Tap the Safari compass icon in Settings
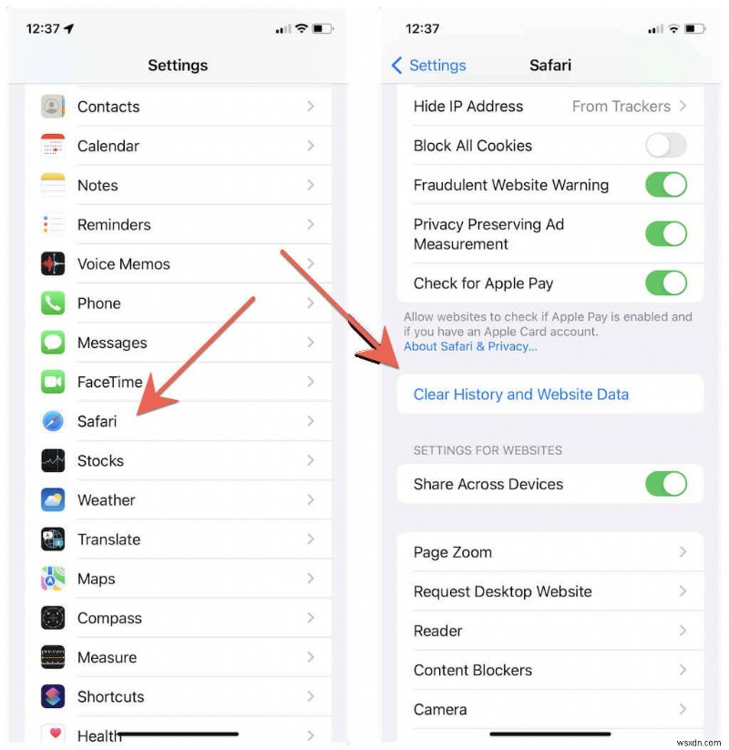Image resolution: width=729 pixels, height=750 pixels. coord(53,421)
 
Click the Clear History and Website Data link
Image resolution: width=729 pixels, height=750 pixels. coord(520,395)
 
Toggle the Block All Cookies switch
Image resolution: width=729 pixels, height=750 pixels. coord(666,146)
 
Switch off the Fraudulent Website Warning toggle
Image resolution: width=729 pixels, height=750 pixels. coord(666,185)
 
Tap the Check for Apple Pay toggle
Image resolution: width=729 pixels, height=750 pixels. coord(666,283)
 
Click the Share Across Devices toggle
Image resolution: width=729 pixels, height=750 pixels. coord(666,484)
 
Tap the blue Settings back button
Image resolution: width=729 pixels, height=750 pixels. coord(428,66)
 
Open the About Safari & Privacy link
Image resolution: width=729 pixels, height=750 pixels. coord(470,346)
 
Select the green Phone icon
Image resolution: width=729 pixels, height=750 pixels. coord(53,303)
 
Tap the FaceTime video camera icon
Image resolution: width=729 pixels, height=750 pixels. coord(53,382)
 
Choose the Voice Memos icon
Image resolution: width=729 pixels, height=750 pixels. coord(53,264)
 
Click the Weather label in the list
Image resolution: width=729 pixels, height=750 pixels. coord(106,500)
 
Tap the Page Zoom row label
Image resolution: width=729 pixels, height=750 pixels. coord(452,552)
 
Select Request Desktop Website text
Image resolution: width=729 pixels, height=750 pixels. coord(502,591)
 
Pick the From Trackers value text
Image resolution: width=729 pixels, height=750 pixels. coord(621,107)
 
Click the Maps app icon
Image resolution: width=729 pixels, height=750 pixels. coord(53,579)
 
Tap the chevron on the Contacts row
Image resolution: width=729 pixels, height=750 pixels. coord(311,107)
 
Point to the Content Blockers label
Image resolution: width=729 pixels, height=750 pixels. coord(472,670)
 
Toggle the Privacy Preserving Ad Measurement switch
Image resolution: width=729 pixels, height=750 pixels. coord(666,234)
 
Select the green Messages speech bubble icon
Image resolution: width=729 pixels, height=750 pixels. coord(53,343)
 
